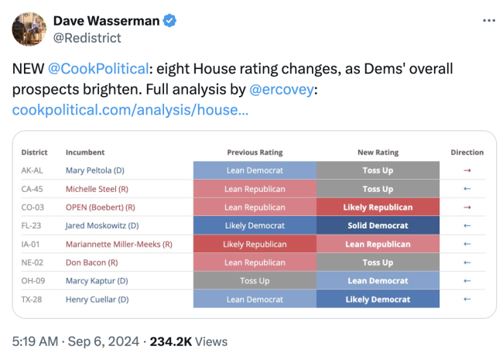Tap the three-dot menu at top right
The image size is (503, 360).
point(488,20)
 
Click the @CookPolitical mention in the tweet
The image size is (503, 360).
point(98,69)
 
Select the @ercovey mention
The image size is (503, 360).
point(279,90)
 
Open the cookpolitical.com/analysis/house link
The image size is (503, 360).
point(130,111)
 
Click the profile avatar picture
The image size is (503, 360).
point(27,28)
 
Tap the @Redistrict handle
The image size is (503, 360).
point(87,37)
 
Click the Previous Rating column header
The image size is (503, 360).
point(255,153)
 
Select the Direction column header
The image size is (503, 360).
point(467,153)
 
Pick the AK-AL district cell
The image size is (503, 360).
point(33,170)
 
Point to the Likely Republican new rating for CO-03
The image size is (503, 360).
point(377,207)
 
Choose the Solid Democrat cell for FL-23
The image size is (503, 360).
point(377,226)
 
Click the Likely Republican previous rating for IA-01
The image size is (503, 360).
point(255,245)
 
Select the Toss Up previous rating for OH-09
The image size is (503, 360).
point(255,281)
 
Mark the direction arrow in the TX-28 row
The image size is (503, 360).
point(467,300)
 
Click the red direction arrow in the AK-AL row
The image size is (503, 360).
point(467,170)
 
